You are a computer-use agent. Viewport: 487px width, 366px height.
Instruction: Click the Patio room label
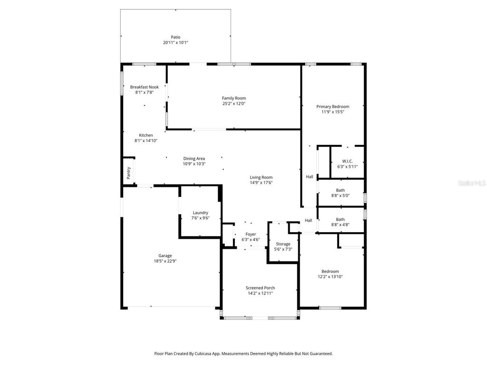tap(175, 37)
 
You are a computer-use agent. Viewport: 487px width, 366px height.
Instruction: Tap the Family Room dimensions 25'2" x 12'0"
tap(234, 103)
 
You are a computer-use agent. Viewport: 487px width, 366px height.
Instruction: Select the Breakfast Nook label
tap(145, 87)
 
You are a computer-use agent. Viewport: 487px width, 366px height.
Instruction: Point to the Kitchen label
tap(146, 135)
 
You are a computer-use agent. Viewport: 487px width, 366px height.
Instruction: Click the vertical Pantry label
tap(128, 173)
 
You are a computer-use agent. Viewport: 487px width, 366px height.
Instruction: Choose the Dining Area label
tap(194, 158)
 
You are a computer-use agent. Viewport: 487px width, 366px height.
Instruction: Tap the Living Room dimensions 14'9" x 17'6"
tap(261, 183)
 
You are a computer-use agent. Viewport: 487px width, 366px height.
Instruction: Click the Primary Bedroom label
tap(333, 106)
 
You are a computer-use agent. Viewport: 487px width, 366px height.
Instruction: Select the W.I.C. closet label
tap(347, 161)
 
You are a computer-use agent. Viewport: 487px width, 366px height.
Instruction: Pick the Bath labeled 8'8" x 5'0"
tap(341, 190)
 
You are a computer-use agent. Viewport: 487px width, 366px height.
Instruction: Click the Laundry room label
tap(200, 213)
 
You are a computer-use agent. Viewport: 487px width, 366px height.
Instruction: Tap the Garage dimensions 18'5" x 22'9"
tap(165, 261)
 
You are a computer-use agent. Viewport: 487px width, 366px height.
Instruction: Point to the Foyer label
tap(251, 234)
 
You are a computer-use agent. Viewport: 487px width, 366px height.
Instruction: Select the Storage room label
tap(283, 244)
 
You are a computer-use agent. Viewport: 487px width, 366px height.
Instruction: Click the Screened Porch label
tap(260, 287)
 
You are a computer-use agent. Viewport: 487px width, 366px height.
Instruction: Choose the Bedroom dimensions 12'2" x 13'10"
tap(330, 276)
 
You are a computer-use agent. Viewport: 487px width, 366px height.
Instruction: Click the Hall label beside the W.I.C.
tap(310, 177)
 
